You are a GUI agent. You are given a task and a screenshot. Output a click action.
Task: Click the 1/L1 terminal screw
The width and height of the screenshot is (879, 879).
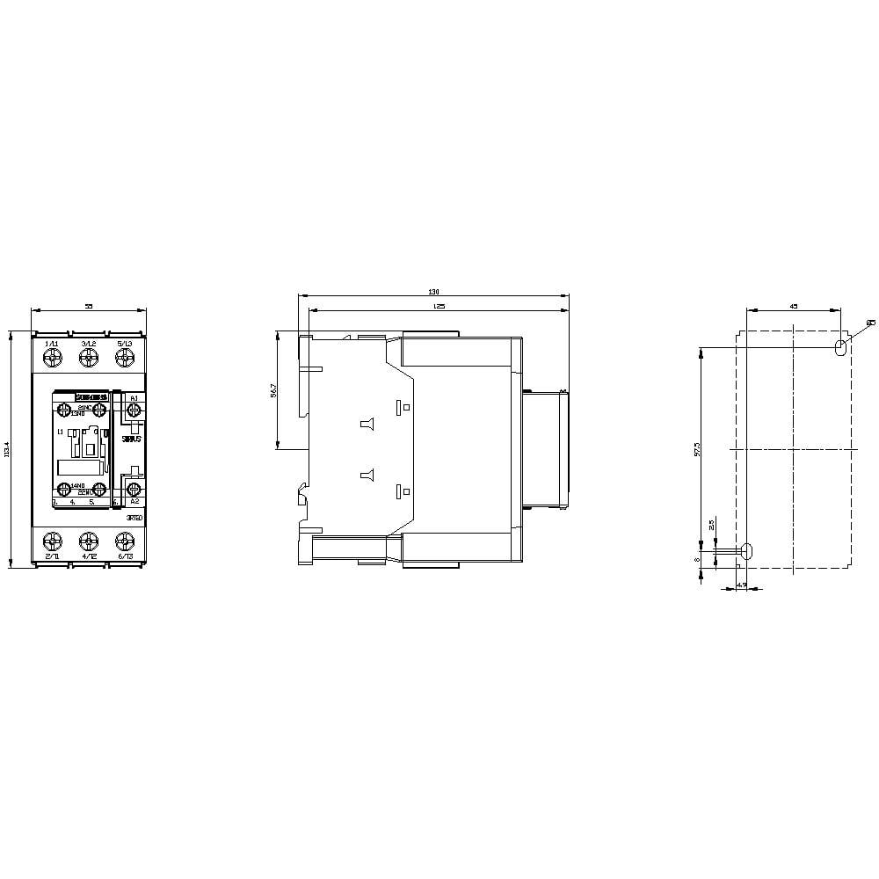coord(52,357)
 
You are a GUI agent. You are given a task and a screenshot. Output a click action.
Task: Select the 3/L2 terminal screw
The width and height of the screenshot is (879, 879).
coord(88,357)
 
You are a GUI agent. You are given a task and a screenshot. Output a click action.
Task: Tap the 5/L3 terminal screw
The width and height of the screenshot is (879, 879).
coord(124,357)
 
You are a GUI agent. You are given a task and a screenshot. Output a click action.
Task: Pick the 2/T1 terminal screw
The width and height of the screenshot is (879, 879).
coord(52,541)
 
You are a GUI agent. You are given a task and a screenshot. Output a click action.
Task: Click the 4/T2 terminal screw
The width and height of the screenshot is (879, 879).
coord(88,541)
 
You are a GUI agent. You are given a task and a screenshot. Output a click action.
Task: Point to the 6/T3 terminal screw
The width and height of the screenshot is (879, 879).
coord(124,541)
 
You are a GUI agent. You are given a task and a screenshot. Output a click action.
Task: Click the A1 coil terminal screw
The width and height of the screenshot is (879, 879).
coord(134,410)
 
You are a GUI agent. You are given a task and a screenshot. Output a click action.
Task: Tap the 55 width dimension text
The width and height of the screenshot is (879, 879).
coord(88,305)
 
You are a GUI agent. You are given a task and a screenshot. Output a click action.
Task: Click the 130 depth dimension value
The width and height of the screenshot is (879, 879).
coord(432,292)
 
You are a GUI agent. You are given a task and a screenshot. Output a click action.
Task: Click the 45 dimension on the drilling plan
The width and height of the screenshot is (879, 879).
coord(793,306)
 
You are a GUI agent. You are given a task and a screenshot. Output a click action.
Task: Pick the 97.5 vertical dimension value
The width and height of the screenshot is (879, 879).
coord(696,448)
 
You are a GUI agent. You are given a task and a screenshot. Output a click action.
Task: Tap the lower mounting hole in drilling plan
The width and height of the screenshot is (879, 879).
coord(747,551)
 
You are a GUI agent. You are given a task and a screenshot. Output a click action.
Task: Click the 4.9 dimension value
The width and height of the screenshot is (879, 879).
coord(741,585)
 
